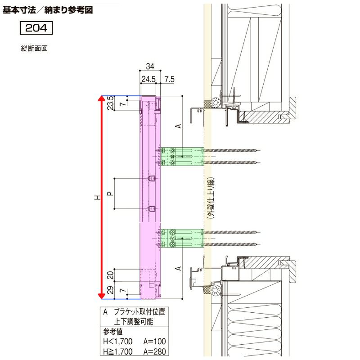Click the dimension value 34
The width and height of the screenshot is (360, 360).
click(150, 67)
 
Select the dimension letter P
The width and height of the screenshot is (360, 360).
click(110, 193)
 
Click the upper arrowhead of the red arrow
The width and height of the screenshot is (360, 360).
click(102, 99)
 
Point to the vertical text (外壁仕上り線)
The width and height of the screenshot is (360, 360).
click(210, 198)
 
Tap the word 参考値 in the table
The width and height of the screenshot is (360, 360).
click(113, 333)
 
